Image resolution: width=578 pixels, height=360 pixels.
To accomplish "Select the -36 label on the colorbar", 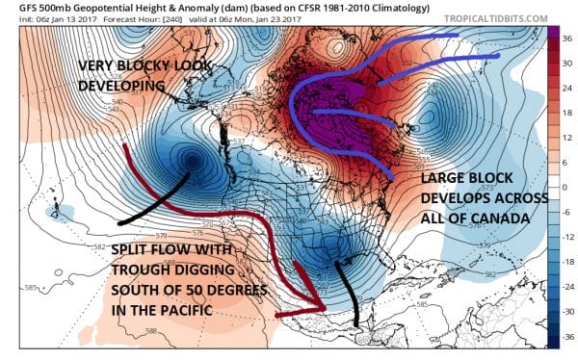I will coord(566,338).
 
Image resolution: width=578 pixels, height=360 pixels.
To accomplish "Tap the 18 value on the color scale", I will coord(566,114).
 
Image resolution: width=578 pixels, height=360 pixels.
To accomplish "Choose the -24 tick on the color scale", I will coord(566,289).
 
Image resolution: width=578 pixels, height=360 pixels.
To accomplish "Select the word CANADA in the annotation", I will coord(501,219).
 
